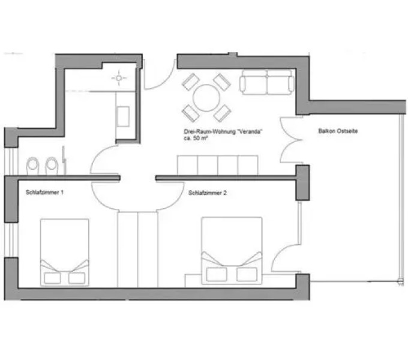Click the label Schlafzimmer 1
45,193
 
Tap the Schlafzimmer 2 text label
207,193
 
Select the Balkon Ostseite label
338,131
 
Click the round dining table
206,97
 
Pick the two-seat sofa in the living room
267,82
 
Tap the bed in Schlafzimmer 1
64,252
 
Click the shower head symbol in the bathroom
118,78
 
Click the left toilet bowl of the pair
33,164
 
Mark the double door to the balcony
290,141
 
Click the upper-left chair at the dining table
190,80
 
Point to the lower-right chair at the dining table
222,112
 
